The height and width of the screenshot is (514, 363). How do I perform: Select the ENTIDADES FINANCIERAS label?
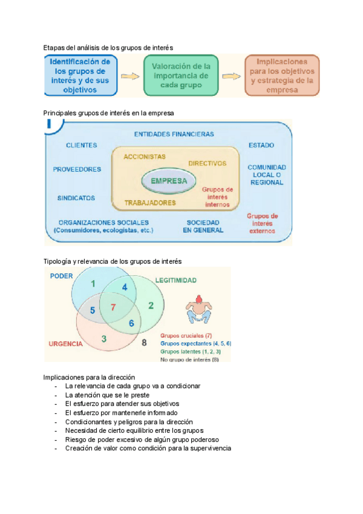[x=174, y=134]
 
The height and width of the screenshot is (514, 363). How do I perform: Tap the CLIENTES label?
[x=82, y=145]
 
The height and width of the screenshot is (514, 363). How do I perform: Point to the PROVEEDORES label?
[x=77, y=170]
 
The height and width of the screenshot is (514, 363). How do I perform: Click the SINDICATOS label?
[x=76, y=198]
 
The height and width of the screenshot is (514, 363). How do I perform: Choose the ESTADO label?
[x=261, y=145]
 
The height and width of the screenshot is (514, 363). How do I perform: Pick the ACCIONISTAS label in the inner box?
[x=144, y=156]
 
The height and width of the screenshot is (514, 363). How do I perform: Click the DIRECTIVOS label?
[x=207, y=163]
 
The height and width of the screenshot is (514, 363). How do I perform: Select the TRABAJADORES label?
[x=151, y=202]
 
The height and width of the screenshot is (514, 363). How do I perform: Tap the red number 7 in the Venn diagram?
[x=113, y=307]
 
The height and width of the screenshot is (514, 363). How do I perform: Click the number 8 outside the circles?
[x=144, y=343]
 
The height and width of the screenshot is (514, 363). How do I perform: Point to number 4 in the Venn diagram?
[x=125, y=287]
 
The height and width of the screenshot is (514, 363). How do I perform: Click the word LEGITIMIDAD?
[x=175, y=281]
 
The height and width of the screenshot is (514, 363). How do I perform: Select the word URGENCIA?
[x=65, y=344]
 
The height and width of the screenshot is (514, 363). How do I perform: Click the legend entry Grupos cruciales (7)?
[x=186, y=335]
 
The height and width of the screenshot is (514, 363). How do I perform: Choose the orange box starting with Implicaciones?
[x=281, y=75]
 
